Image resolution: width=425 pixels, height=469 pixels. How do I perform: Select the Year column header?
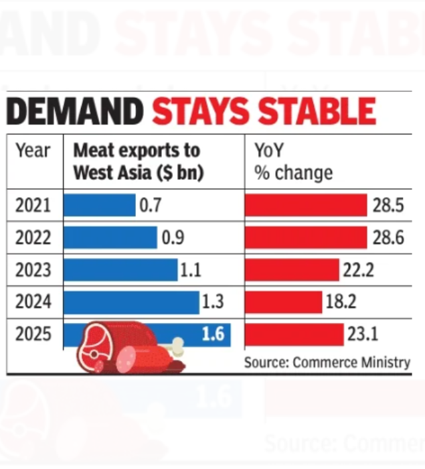33,151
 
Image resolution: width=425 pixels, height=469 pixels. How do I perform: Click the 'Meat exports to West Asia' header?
138,161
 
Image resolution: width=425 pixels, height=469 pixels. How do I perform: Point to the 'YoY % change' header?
293,161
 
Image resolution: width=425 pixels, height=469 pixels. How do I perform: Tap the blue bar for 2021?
100,205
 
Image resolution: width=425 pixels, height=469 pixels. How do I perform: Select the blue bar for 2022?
110,238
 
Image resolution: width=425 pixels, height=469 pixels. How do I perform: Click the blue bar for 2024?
131,302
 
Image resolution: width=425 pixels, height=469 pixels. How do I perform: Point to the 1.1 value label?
191,270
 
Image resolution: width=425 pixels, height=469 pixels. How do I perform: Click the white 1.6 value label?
213,334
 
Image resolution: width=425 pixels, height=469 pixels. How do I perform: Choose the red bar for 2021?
306,205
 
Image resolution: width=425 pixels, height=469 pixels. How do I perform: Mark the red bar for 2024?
284,302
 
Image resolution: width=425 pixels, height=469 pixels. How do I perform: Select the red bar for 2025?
294,334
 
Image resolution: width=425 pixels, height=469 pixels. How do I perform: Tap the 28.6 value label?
388,238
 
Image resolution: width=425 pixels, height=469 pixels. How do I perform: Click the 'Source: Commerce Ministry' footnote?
327,362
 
